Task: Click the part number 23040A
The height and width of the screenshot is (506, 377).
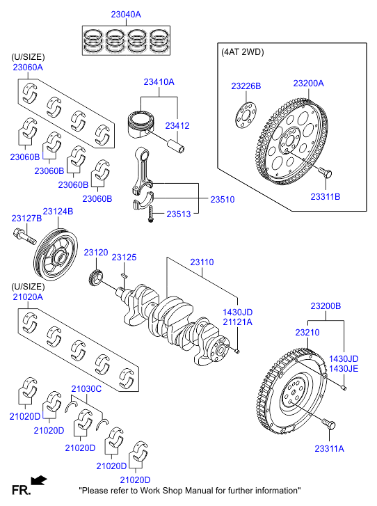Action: pyautogui.click(x=126, y=15)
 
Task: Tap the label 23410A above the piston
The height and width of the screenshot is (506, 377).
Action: pyautogui.click(x=159, y=82)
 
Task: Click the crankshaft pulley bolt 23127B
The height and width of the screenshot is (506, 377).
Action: pyautogui.click(x=24, y=237)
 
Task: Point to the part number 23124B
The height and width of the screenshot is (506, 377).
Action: pyautogui.click(x=58, y=212)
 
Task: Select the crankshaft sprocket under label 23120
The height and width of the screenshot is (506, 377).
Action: pyautogui.click(x=96, y=278)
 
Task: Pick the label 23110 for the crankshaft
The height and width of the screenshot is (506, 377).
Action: pyautogui.click(x=202, y=262)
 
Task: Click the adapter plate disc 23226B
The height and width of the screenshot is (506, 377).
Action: pyautogui.click(x=246, y=116)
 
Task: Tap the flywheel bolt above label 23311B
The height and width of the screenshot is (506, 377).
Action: pyautogui.click(x=326, y=173)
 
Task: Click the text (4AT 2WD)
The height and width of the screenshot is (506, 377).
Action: pyautogui.click(x=243, y=52)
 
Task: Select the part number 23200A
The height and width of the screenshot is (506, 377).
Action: pyautogui.click(x=309, y=84)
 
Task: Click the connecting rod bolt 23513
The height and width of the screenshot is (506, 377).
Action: pyautogui.click(x=151, y=213)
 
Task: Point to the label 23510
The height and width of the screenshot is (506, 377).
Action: pyautogui.click(x=223, y=200)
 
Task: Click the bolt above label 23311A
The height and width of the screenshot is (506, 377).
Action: pyautogui.click(x=329, y=425)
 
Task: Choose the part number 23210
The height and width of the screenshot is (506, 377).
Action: pyautogui.click(x=307, y=333)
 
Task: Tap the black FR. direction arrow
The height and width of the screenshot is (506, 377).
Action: pyautogui.click(x=39, y=480)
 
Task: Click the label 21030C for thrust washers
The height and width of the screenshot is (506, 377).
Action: pyautogui.click(x=86, y=389)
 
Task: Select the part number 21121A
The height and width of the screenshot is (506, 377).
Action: pyautogui.click(x=238, y=322)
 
